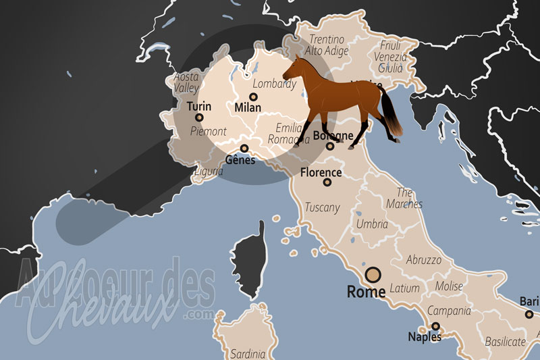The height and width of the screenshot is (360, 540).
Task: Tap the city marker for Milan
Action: click(253, 97)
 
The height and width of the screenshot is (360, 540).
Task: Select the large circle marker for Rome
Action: click(373, 275)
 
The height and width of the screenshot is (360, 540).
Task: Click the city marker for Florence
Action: click(327, 182)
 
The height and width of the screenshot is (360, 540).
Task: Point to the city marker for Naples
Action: click(436, 326)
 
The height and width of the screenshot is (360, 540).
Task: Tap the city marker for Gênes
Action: click(244, 149)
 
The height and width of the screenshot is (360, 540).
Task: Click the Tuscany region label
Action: click(322, 207)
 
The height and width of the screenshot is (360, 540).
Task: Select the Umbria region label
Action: click(373, 224)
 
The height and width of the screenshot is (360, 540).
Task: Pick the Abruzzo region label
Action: click(424, 259)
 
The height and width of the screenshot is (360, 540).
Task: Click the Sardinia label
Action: click(248, 353)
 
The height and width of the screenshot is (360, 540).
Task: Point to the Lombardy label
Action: click(273, 84)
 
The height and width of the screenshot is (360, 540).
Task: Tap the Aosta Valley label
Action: click(186, 82)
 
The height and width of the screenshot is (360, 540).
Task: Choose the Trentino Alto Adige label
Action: click(327, 45)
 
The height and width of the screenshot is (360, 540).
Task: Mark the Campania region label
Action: click(448, 311)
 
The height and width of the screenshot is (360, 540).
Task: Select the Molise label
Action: click(449, 286)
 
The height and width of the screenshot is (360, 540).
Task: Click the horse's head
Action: click(292, 69)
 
